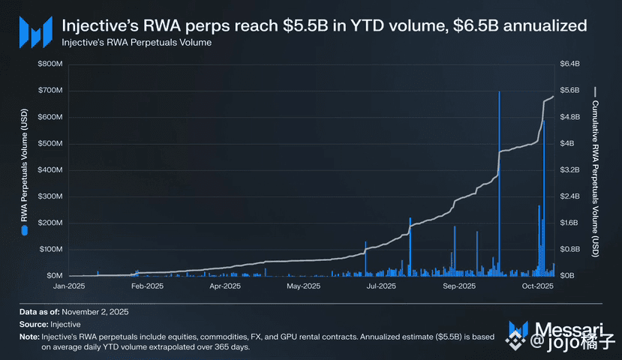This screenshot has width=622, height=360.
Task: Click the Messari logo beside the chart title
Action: (35, 31)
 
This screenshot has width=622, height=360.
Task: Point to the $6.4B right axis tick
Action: (571, 64)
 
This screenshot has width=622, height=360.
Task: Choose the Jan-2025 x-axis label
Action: (70, 286)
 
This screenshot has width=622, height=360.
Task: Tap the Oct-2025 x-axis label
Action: (537, 286)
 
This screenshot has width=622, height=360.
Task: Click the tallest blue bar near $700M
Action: (499, 180)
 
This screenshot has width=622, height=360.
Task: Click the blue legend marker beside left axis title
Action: (24, 232)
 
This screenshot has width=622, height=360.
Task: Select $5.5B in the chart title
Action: (304, 25)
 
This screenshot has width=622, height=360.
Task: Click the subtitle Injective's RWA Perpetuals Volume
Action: (137, 43)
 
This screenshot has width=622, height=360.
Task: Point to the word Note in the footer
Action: (29, 337)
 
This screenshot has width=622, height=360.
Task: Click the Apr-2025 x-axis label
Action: (225, 286)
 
